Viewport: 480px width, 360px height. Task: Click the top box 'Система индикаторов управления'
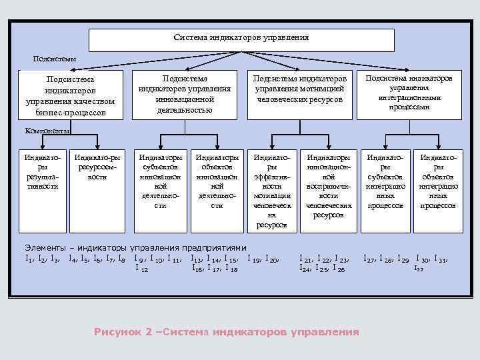coord(241,39)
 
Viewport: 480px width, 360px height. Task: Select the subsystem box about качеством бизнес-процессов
coord(71,95)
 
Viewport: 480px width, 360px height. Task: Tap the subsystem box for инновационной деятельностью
coord(185,95)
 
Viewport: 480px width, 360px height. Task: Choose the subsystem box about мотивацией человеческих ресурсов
coord(299,93)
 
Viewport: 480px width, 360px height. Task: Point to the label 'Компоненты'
coord(47,131)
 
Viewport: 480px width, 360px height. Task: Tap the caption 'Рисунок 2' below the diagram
coord(125,331)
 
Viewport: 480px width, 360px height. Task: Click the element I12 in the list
coord(141,268)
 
